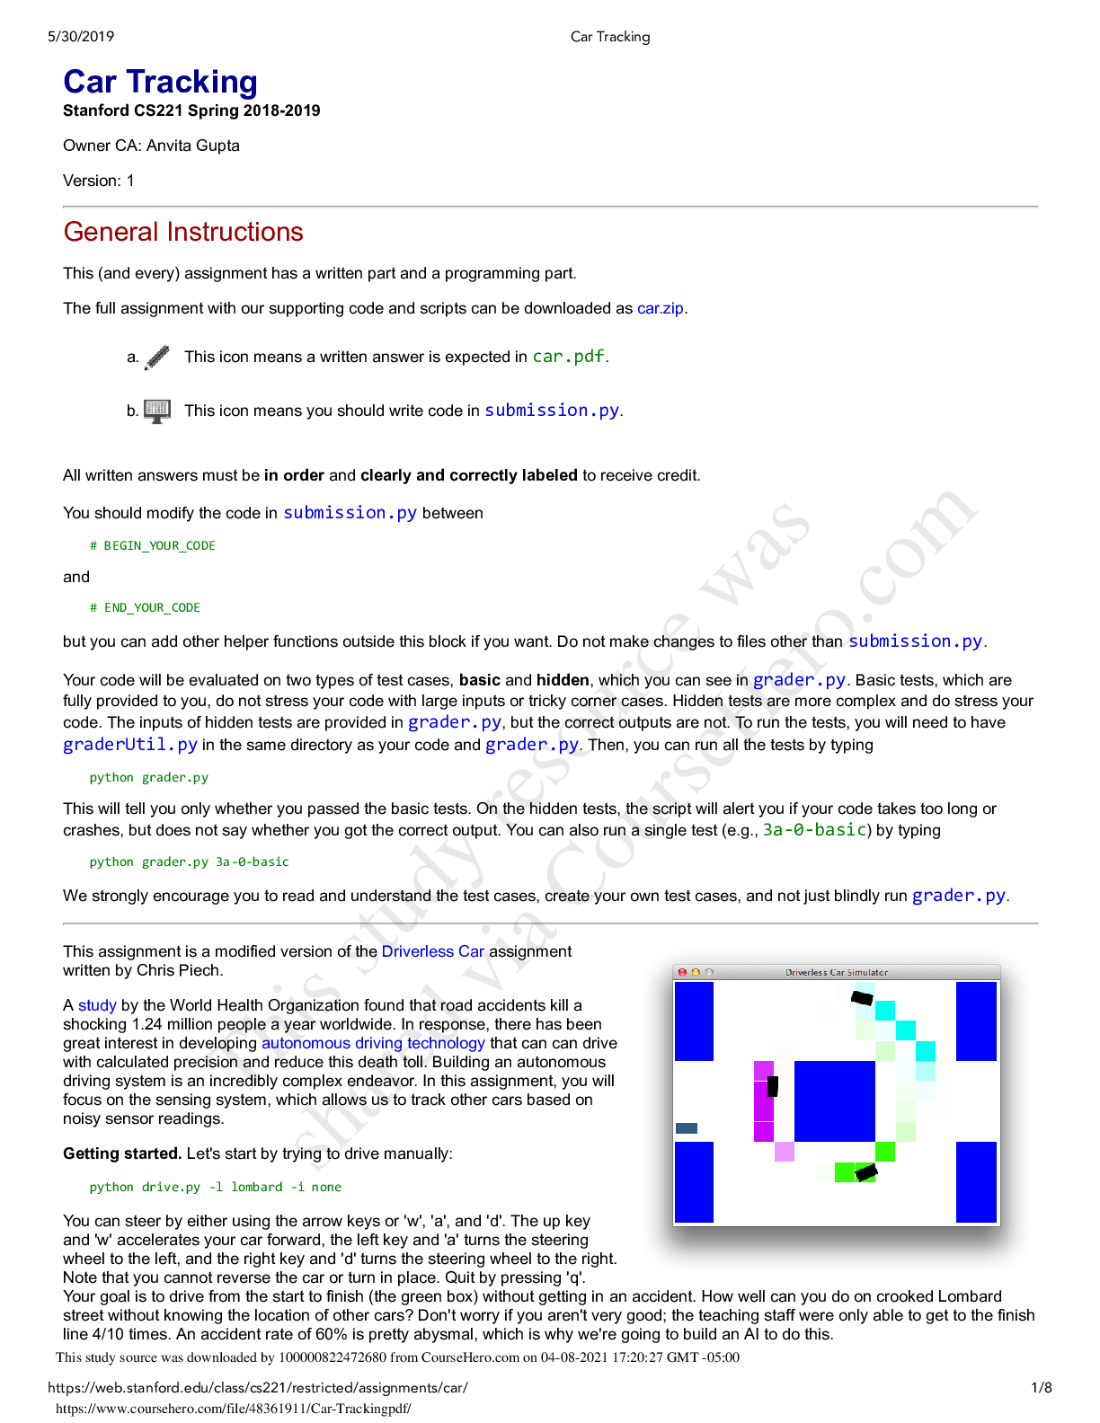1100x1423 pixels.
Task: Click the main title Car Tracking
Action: [x=160, y=82]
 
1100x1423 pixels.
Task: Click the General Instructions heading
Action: [x=183, y=232]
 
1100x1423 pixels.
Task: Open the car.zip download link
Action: [x=660, y=308]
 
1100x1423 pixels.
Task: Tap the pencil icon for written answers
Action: [x=157, y=357]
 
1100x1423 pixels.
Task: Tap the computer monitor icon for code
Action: [x=157, y=411]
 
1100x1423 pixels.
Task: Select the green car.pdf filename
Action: [x=568, y=357]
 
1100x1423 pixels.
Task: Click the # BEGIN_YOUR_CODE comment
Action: [x=153, y=545]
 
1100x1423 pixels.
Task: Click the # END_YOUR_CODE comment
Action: [x=145, y=607]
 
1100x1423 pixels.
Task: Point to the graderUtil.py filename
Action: [x=130, y=745]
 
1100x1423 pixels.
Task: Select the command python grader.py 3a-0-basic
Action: [x=189, y=862]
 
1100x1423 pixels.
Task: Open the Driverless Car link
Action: [x=432, y=951]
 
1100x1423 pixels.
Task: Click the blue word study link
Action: [x=97, y=1005]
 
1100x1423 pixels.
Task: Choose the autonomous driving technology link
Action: [x=373, y=1043]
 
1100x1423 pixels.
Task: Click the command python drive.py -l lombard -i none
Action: [x=215, y=1187]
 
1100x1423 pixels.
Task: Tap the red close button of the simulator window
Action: [x=682, y=972]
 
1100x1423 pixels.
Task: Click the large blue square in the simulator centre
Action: [x=834, y=1100]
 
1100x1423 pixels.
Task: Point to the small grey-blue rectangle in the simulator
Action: [x=687, y=1128]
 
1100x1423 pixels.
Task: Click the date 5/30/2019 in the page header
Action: [x=81, y=37]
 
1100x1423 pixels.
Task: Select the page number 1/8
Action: [x=1042, y=1388]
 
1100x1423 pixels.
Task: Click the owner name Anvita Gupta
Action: [x=192, y=146]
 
